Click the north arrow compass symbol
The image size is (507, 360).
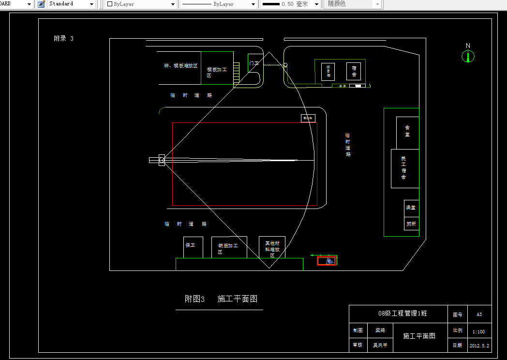(468, 56)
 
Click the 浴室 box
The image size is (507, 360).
(411, 208)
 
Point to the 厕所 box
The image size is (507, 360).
(411, 224)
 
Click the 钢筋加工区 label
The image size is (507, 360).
(228, 248)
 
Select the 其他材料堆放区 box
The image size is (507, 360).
(272, 248)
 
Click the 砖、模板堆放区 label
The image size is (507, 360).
(180, 65)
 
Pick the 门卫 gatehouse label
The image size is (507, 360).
(254, 63)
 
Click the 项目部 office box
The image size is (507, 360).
(328, 72)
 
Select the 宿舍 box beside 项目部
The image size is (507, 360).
(354, 71)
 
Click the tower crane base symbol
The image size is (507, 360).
(162, 160)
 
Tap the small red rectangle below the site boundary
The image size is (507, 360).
(327, 261)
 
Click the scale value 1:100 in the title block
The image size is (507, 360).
(478, 331)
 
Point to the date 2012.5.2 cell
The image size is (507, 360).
(478, 345)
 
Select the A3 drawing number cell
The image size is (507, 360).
(478, 314)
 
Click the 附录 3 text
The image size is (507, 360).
(63, 39)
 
